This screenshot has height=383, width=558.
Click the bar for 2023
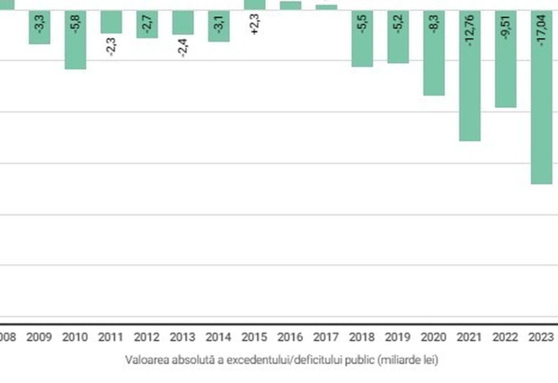(541, 97)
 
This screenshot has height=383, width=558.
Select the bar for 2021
(470, 76)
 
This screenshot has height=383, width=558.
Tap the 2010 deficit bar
(75, 39)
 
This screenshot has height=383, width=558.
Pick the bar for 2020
(434, 53)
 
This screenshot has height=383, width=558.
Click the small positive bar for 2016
(290, 5)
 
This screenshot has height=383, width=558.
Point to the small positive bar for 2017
(327, 8)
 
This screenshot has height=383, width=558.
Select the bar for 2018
(362, 38)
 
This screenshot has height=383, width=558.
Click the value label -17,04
(541, 30)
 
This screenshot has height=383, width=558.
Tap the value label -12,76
(470, 30)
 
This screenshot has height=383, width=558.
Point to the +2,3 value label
(255, 24)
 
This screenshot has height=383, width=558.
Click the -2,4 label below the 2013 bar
(183, 48)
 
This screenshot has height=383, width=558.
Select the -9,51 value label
(505, 27)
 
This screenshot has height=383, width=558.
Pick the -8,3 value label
(434, 24)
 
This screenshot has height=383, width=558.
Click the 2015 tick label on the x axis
(254, 337)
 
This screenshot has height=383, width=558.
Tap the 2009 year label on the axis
(39, 337)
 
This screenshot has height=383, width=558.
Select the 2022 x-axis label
(505, 337)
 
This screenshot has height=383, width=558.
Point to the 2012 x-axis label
(147, 337)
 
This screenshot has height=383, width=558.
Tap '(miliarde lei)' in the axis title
(408, 360)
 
